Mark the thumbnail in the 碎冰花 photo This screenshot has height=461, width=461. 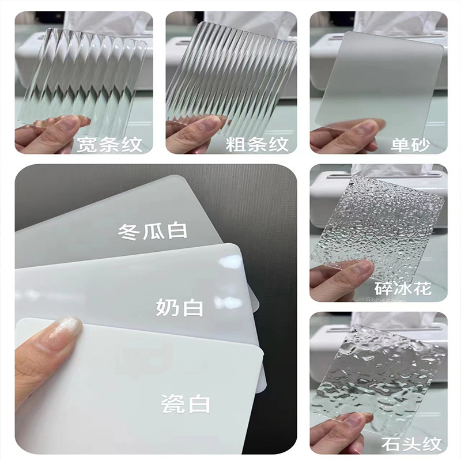(360, 269)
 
